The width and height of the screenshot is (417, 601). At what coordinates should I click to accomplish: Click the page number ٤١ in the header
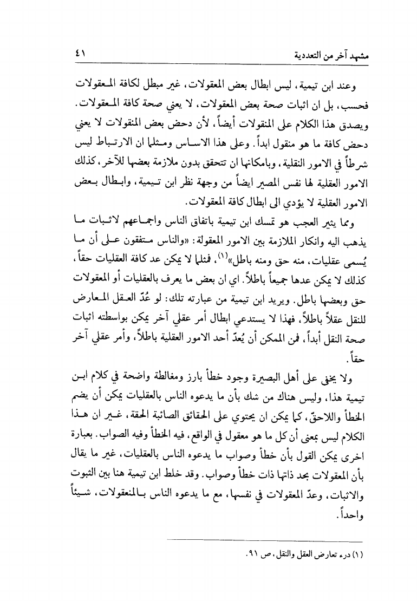click(x=82, y=54)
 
